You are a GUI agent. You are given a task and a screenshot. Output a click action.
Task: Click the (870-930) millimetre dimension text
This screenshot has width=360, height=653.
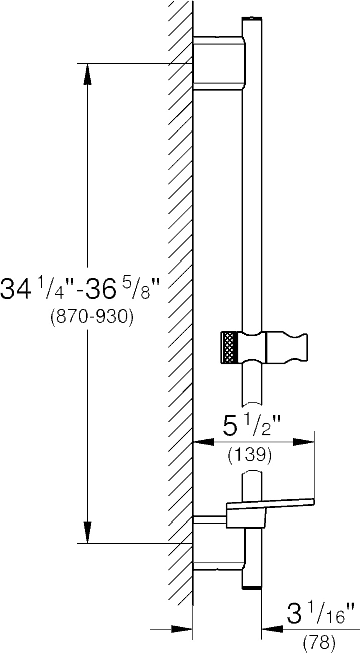(92, 317)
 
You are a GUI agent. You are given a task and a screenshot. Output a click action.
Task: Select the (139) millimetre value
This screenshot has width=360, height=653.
(250, 456)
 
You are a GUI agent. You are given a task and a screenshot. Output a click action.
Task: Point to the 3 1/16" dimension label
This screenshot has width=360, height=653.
(321, 615)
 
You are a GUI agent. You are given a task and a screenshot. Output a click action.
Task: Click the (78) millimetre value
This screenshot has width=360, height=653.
(319, 643)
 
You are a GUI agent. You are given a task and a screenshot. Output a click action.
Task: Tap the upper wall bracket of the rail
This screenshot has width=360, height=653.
(219, 63)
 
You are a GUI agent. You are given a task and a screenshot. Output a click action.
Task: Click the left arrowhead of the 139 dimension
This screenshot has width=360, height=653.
(204, 442)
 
